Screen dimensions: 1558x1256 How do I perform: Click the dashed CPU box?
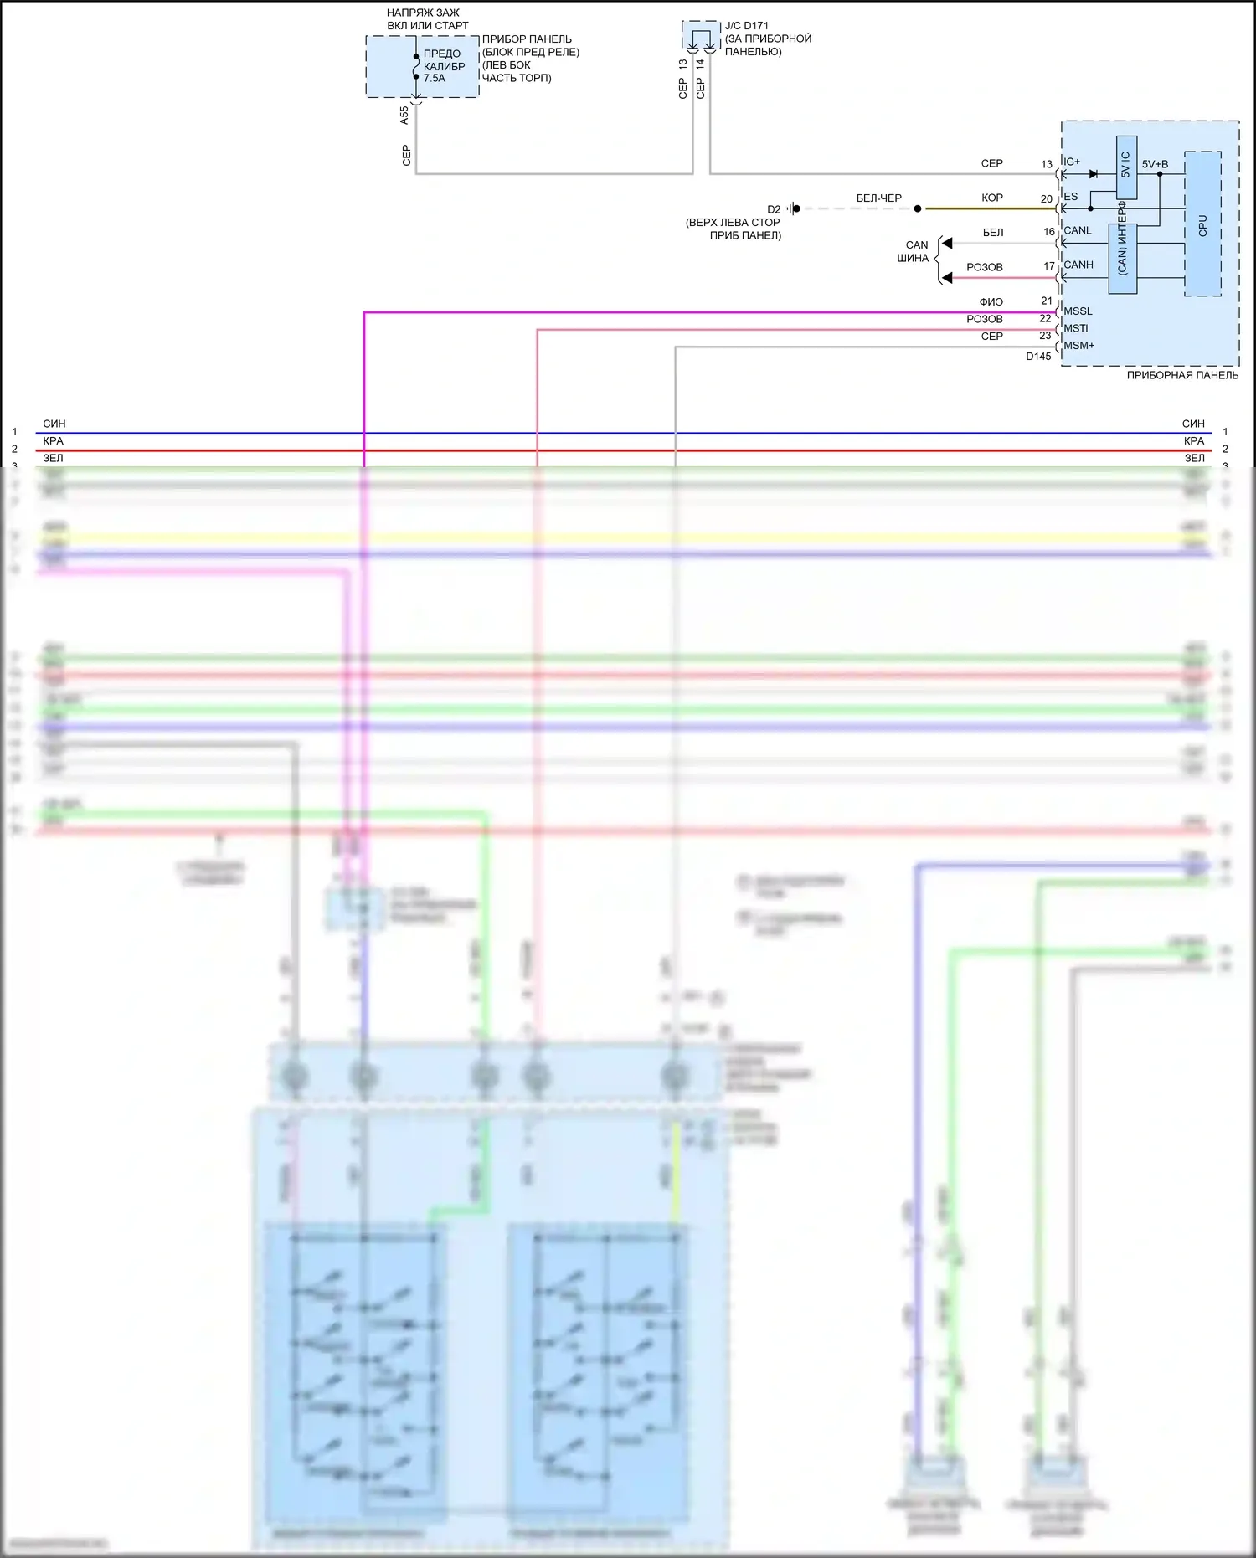pyautogui.click(x=1202, y=224)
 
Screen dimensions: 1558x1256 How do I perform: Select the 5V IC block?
pyautogui.click(x=1126, y=167)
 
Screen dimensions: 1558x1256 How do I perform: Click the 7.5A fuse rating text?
pyautogui.click(x=435, y=79)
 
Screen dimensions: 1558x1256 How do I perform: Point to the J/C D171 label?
pyautogui.click(x=747, y=26)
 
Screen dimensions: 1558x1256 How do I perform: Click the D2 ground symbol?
pyautogui.click(x=794, y=208)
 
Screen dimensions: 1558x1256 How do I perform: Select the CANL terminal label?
pyautogui.click(x=1078, y=231)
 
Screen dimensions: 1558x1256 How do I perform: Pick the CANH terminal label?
pyautogui.click(x=1078, y=265)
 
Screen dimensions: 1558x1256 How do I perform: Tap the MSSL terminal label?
pyautogui.click(x=1078, y=311)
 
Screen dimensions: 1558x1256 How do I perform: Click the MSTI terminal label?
pyautogui.click(x=1076, y=329)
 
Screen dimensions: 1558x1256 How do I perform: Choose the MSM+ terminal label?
pyautogui.click(x=1078, y=346)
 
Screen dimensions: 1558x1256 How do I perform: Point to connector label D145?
pyautogui.click(x=1038, y=357)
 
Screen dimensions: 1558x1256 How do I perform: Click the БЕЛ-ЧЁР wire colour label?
pyautogui.click(x=878, y=198)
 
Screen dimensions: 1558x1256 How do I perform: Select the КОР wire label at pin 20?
pyautogui.click(x=992, y=198)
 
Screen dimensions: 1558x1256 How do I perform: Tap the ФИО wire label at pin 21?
pyautogui.click(x=991, y=302)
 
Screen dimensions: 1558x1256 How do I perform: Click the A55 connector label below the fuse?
pyautogui.click(x=404, y=116)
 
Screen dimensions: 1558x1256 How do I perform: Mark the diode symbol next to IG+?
pyautogui.click(x=1093, y=174)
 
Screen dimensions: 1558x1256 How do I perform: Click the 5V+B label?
pyautogui.click(x=1155, y=164)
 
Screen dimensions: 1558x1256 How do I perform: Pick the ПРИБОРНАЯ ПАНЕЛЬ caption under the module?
pyautogui.click(x=1182, y=376)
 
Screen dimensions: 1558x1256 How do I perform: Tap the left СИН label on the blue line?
pyautogui.click(x=54, y=424)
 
